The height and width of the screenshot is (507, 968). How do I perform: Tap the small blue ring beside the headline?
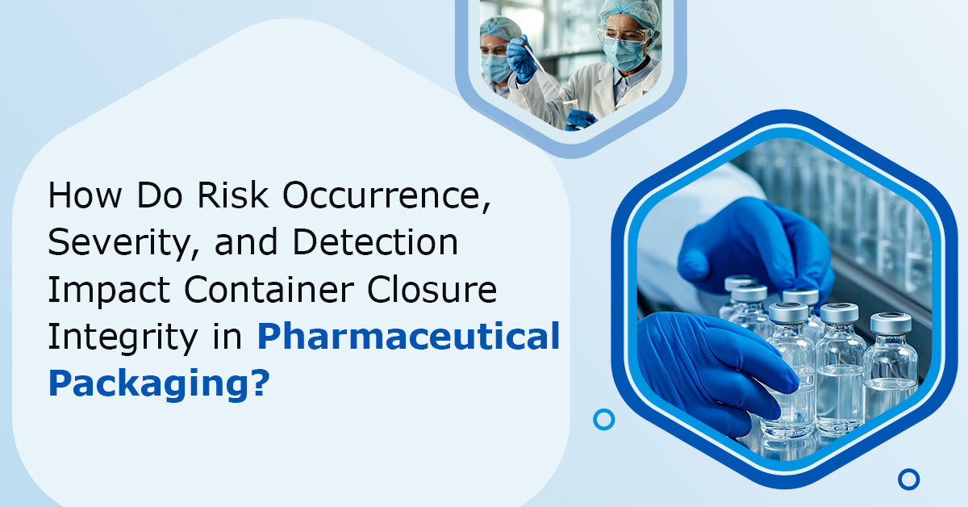pyautogui.click(x=603, y=419)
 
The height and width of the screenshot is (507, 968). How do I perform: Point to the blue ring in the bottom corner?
pyautogui.click(x=908, y=479)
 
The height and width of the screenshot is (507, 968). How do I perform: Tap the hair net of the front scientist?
pyautogui.click(x=623, y=11)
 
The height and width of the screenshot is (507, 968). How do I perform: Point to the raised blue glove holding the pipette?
pyautogui.click(x=523, y=58)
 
